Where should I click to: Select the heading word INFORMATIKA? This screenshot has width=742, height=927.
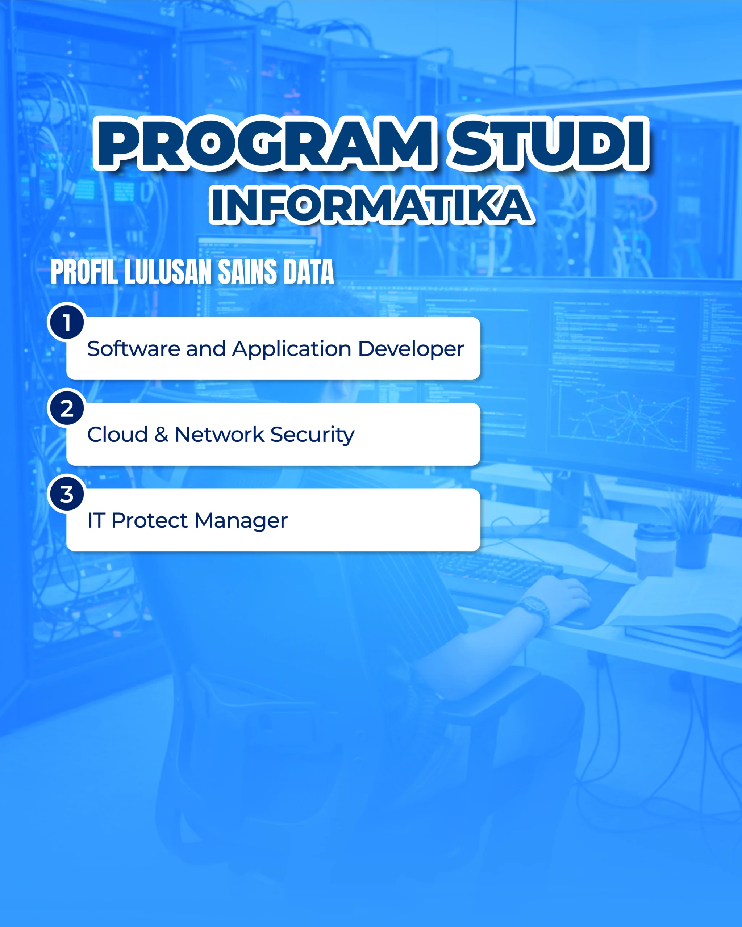click(x=372, y=205)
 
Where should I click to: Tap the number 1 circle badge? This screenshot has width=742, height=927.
click(x=67, y=322)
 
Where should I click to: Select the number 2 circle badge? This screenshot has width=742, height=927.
click(x=67, y=408)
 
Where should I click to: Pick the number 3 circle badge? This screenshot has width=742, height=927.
click(x=67, y=494)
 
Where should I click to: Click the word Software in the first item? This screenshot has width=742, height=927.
click(x=133, y=348)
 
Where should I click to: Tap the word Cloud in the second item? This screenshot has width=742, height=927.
click(x=117, y=434)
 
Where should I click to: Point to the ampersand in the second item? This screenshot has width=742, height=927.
click(x=161, y=434)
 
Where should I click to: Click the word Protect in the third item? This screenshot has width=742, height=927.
click(x=150, y=520)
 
